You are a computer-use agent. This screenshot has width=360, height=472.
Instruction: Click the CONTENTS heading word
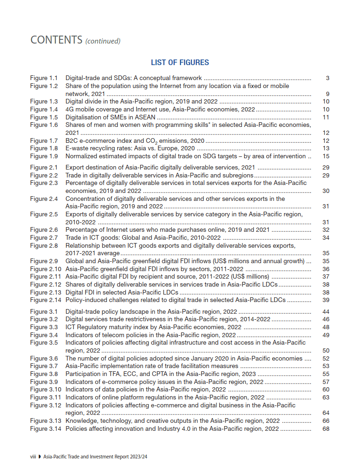pos(56,40)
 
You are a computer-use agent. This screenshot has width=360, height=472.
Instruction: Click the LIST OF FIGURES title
pos(180,62)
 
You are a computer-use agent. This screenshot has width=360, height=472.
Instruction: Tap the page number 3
pos(328,78)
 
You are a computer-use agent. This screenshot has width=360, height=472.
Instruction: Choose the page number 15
pos(326,156)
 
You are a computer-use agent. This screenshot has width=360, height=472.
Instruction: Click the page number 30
pos(326,191)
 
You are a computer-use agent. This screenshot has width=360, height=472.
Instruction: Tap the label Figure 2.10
pos(45,269)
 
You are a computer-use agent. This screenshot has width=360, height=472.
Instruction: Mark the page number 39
pos(326,300)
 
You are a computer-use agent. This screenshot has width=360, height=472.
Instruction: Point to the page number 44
pos(326,312)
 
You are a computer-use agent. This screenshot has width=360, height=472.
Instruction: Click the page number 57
pos(326,382)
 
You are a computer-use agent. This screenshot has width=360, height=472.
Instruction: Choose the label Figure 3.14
pos(45,429)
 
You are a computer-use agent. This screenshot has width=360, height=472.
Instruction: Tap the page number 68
pos(326,429)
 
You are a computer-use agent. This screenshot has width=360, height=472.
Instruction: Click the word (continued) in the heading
pos(103,41)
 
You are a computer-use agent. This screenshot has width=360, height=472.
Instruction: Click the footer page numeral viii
pos(33,456)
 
